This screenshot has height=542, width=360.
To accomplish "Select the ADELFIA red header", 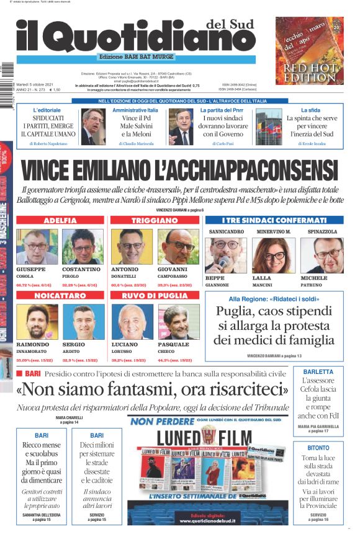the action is pyautogui.click(x=60, y=220).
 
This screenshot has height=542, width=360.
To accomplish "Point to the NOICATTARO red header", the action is pyautogui.click(x=60, y=296).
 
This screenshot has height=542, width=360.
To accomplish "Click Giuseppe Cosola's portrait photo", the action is pyautogui.click(x=36, y=247).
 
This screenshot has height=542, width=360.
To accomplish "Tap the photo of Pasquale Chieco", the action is pyautogui.click(x=178, y=322).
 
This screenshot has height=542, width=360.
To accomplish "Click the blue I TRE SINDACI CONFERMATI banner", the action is pyautogui.click(x=274, y=220).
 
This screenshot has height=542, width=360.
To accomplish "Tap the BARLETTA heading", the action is pyautogui.click(x=318, y=372).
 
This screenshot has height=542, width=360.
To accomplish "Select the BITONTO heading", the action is pyautogui.click(x=318, y=447).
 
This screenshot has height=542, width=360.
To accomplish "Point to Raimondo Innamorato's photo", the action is pyautogui.click(x=36, y=322).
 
